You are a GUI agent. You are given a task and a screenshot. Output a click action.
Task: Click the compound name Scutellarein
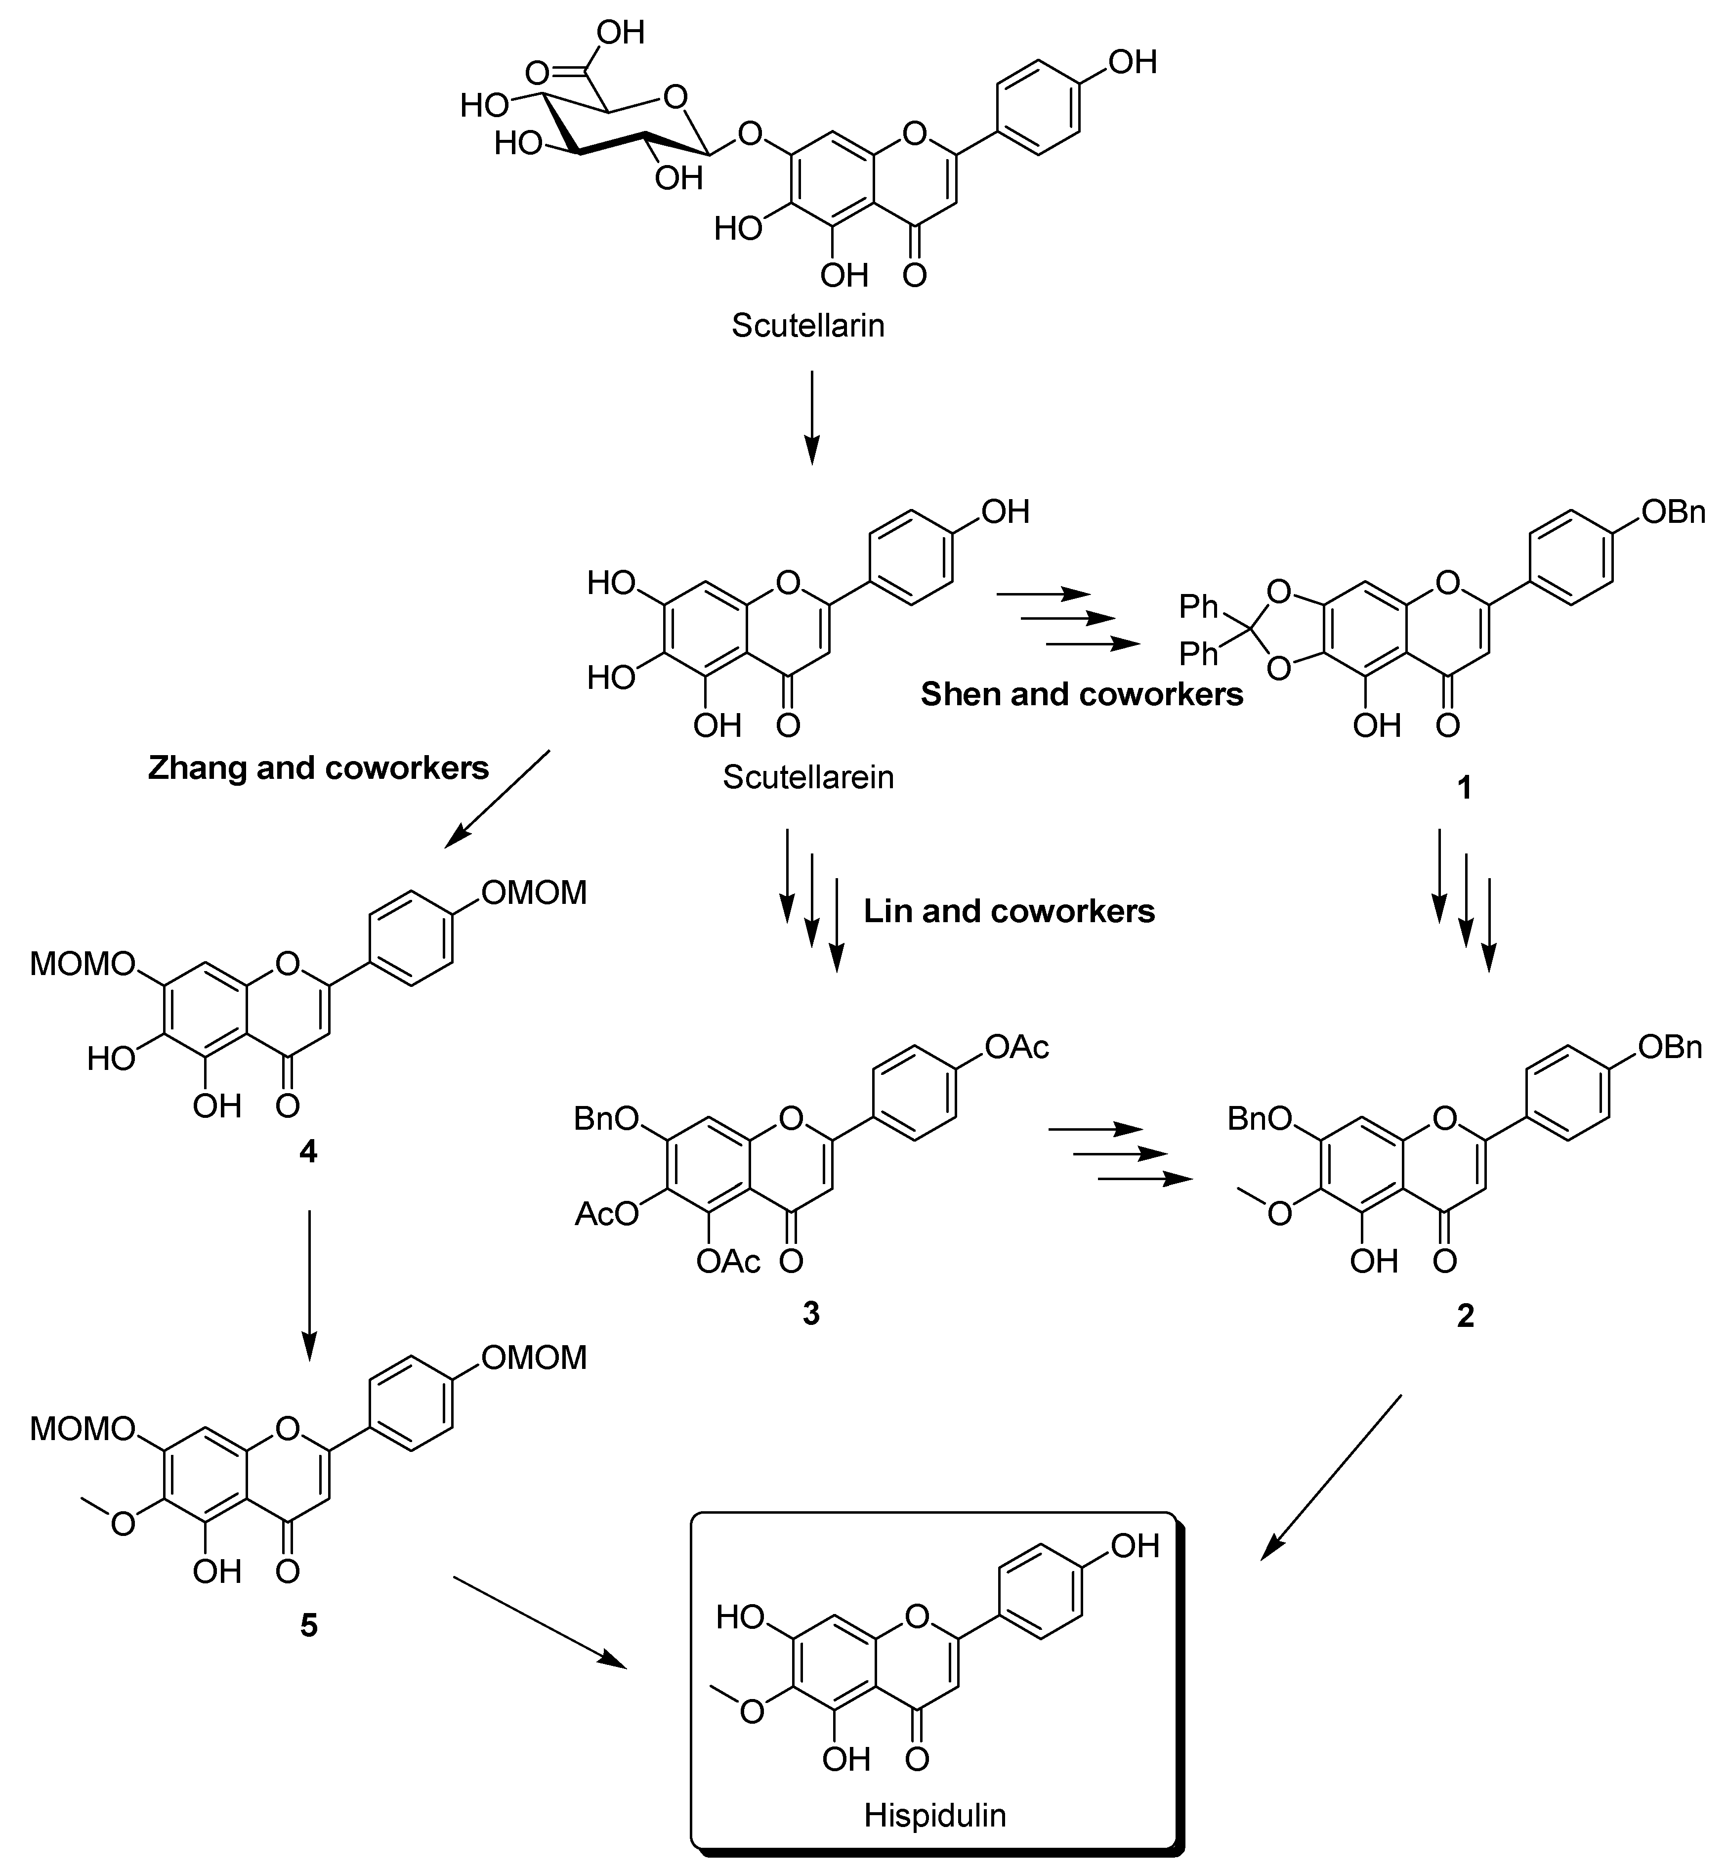point(808,777)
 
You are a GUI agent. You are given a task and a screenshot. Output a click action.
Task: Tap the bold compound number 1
point(1464,788)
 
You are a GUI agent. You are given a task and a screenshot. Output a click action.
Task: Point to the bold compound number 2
point(1464,1316)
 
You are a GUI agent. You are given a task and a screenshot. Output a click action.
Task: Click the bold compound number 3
point(811,1313)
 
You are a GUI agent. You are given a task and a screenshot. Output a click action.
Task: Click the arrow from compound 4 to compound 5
point(309,1286)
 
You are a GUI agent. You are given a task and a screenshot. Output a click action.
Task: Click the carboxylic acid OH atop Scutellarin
point(621,33)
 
